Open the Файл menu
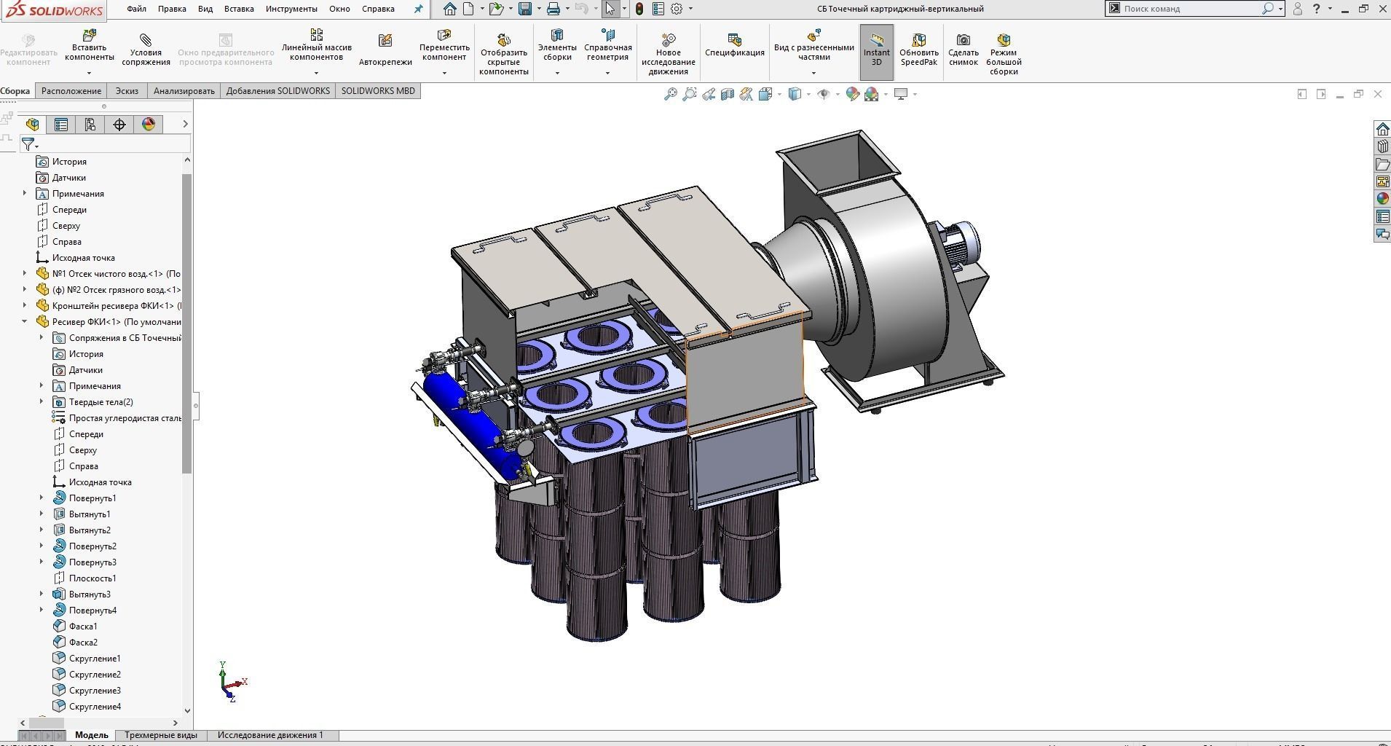[136, 9]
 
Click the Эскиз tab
[127, 91]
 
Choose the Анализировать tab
[184, 91]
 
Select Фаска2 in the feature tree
[83, 642]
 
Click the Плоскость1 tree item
[92, 578]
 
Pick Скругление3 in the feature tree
[95, 690]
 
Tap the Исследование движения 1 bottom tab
[269, 734]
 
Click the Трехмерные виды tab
[160, 734]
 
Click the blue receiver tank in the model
[466, 415]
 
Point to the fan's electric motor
[960, 244]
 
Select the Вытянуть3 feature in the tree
[90, 594]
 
